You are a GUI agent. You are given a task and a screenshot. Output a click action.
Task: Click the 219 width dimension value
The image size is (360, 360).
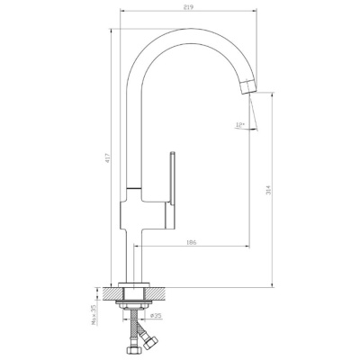(189, 7)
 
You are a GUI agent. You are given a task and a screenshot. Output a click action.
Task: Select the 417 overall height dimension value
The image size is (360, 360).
(108, 157)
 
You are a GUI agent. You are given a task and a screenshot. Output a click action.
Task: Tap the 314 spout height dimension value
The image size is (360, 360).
(268, 190)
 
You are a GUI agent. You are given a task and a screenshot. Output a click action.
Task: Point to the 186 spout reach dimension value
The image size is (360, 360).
(191, 242)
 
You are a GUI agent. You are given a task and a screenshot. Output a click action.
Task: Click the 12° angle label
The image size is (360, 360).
(240, 124)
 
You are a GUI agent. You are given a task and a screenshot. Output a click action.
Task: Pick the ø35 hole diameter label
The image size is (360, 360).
(156, 316)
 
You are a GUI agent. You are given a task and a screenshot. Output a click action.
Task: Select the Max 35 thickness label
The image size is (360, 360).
(93, 315)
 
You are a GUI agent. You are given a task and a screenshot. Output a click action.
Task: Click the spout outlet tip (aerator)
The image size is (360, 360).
(248, 87)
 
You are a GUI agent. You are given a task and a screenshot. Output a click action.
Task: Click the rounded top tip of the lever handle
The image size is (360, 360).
(173, 152)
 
